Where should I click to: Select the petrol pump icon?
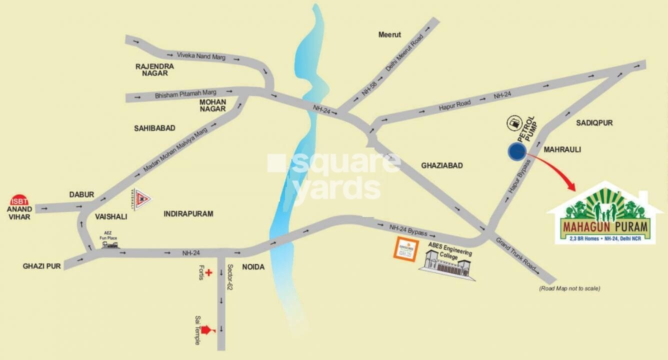pos(513,122)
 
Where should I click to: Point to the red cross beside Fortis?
pos(209,273)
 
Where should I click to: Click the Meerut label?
pos(390,35)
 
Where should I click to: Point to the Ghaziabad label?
pos(442,165)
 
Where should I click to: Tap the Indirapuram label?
pos(188,214)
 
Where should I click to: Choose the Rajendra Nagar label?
pos(155,69)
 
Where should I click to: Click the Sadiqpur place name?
pos(594,122)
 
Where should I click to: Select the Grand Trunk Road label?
pos(517,255)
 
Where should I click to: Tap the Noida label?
pos(253,267)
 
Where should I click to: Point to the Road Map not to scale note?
pos(569,288)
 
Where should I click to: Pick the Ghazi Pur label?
pos(42,266)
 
